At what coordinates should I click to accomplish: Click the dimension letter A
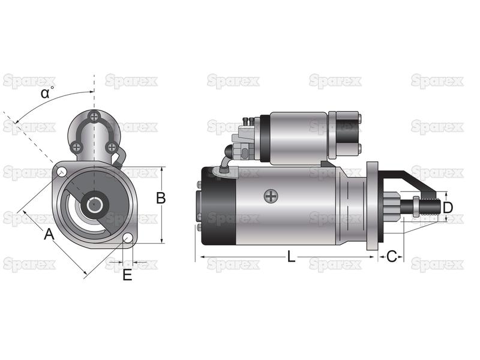click(x=49, y=235)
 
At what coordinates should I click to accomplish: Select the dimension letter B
click(x=161, y=198)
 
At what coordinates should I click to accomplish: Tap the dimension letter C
click(x=392, y=257)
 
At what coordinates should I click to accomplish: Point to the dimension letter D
click(x=448, y=208)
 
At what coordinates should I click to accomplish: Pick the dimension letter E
click(x=127, y=275)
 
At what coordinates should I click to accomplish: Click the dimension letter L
click(x=291, y=257)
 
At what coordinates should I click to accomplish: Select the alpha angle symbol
click(x=46, y=93)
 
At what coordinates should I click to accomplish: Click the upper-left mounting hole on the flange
click(x=62, y=172)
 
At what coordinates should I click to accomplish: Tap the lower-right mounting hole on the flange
click(x=128, y=238)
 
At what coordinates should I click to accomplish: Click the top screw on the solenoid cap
click(x=94, y=116)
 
